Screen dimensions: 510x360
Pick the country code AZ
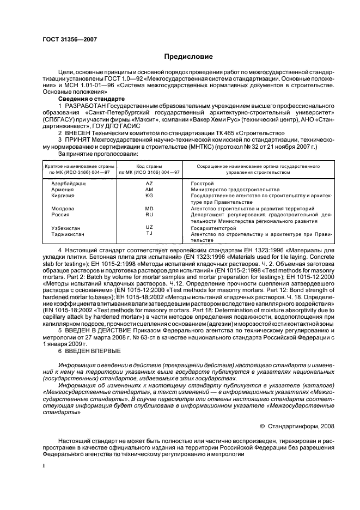point(149,184)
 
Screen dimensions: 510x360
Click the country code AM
point(149,189)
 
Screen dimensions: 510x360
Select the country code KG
point(149,195)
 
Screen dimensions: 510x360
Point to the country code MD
point(149,209)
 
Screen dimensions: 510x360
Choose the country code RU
point(149,215)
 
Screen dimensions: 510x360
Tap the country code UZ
point(149,227)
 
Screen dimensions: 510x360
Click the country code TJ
point(149,233)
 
